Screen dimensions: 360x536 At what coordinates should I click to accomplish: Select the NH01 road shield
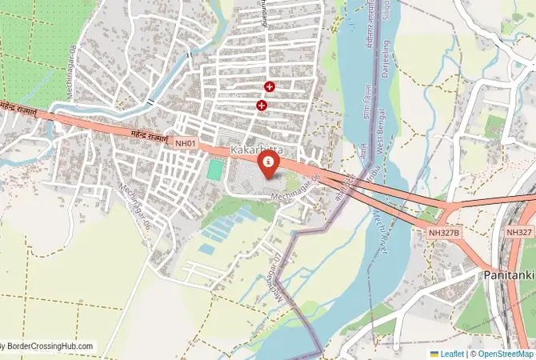[x=186, y=142]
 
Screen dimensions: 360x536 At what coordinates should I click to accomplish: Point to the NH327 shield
[x=519, y=231]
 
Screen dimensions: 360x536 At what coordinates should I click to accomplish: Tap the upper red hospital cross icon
[x=270, y=86]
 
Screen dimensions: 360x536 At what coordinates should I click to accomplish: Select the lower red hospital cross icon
[x=262, y=105]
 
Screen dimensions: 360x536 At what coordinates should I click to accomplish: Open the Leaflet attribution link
[x=451, y=353]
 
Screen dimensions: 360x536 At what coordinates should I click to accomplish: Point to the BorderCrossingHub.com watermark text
[x=48, y=346]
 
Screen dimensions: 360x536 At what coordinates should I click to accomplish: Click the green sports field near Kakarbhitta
[x=214, y=170]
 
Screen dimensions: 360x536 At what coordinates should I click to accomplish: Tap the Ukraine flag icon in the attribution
[x=434, y=353]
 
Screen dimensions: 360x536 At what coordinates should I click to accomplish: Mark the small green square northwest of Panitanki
[x=496, y=124]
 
